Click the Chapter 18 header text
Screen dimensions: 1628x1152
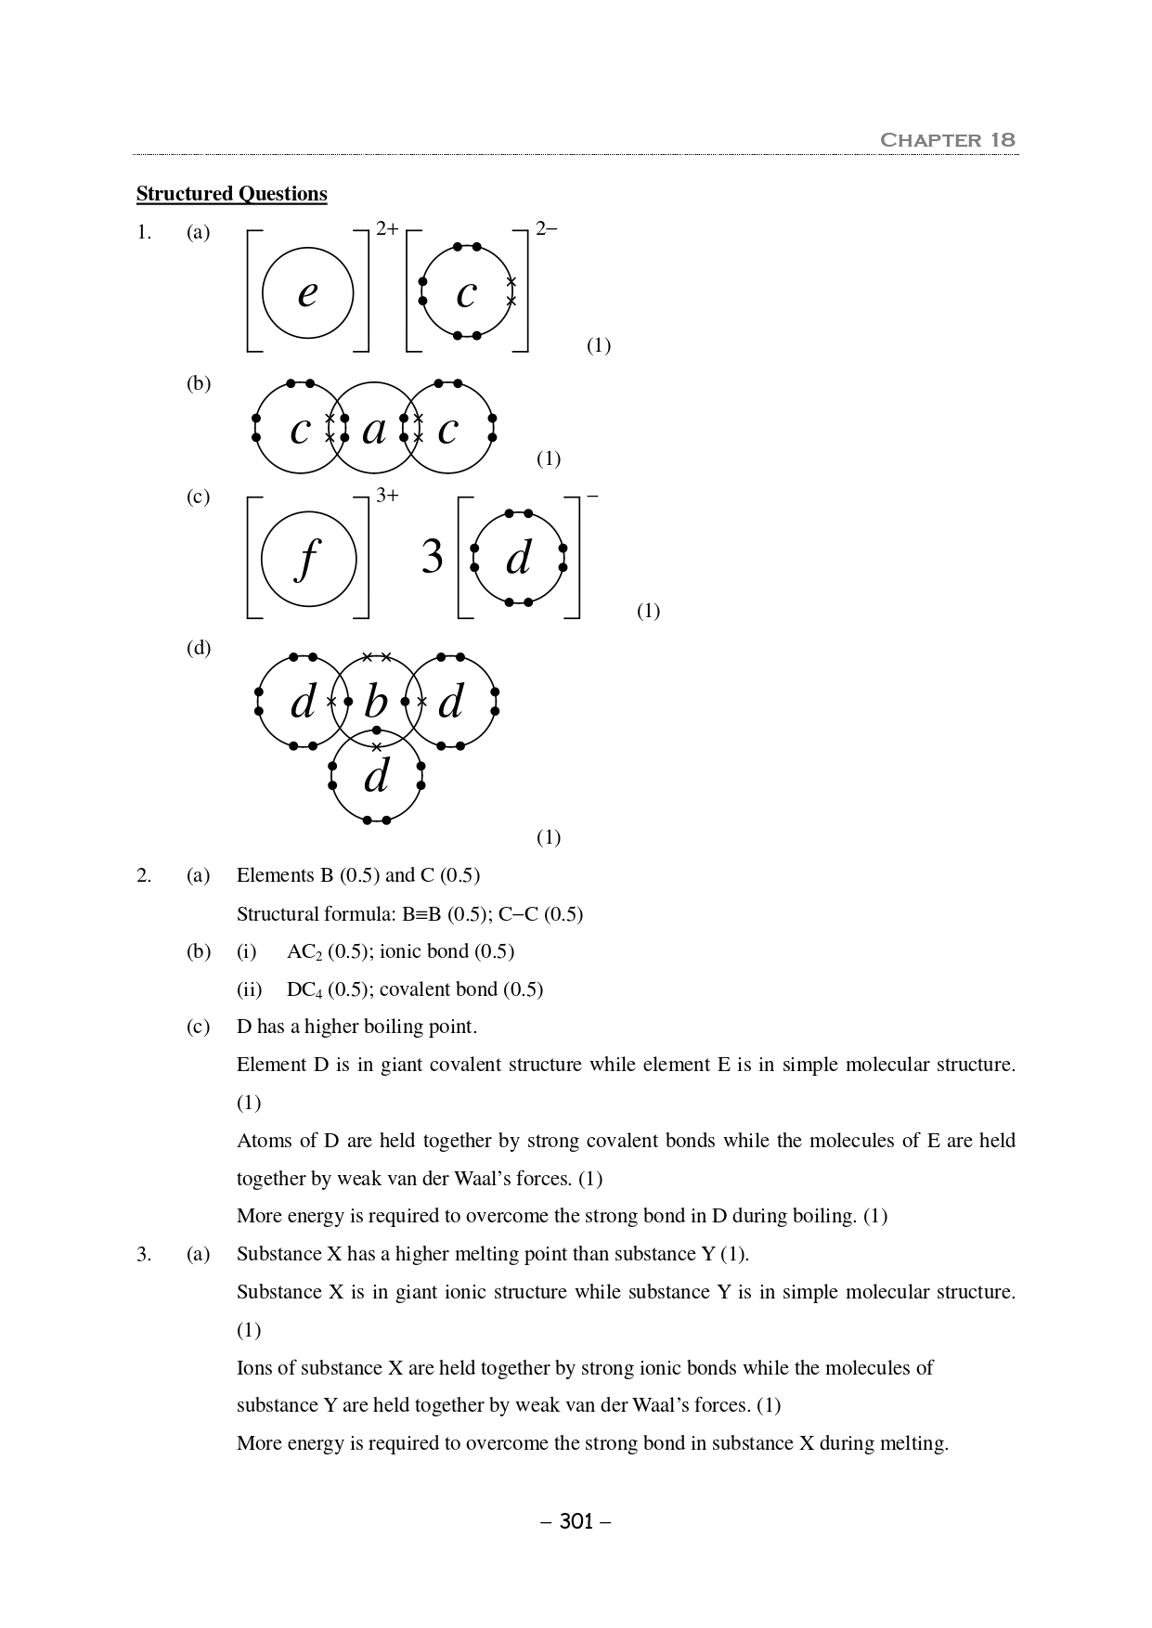947,140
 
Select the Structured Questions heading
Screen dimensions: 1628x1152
231,194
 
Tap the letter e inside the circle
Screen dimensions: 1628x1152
307,293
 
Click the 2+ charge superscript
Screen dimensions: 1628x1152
387,228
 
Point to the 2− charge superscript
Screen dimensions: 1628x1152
546,228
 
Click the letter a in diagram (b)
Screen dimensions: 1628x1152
374,430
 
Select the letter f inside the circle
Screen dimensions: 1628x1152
307,560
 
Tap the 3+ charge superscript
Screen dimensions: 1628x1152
387,496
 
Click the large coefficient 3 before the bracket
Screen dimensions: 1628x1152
433,558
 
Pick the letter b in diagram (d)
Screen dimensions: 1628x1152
376,703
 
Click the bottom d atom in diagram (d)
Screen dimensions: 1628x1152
376,777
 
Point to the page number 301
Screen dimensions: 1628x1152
576,1521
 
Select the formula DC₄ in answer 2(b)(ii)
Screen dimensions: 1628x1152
304,990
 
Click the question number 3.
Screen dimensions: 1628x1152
143,1255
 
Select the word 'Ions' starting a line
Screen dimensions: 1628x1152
254,1368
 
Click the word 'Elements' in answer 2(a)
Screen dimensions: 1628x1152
275,875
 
